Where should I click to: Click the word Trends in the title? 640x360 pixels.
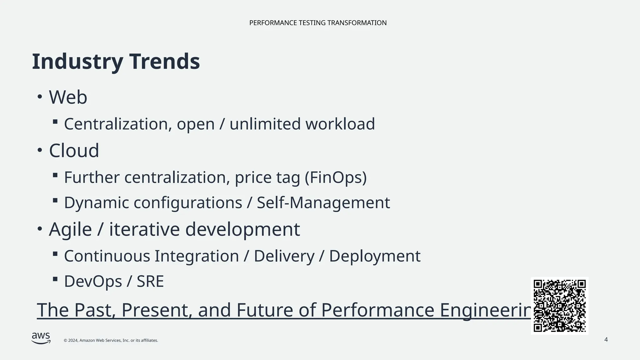tap(164, 61)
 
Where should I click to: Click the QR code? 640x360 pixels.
tap(559, 306)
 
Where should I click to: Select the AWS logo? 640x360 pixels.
tap(41, 338)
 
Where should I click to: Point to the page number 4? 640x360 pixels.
tap(606, 340)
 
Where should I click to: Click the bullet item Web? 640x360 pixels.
tap(68, 97)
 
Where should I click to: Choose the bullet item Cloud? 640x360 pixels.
tap(74, 151)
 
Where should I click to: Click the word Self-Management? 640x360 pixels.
tap(323, 202)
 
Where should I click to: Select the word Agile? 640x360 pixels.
tap(70, 229)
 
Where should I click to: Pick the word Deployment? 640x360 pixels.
tap(375, 256)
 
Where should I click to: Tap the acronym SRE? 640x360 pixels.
tap(150, 281)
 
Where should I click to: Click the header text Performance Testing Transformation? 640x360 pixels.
tap(318, 23)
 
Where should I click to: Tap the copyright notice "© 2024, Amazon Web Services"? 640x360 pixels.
tap(111, 340)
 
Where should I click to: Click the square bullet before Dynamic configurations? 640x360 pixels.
tap(55, 200)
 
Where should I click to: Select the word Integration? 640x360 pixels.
tap(197, 256)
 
